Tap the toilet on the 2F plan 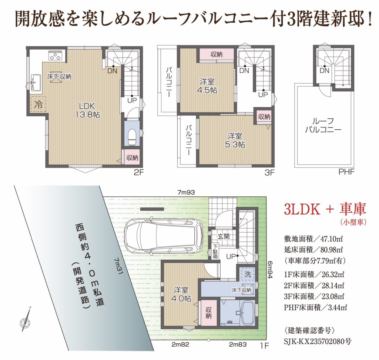pyautogui.click(x=132, y=137)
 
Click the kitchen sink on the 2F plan pyautogui.click(x=36, y=82)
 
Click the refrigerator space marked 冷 pyautogui.click(x=38, y=104)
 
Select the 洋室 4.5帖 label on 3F pyautogui.click(x=207, y=86)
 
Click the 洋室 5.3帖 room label pyautogui.click(x=234, y=140)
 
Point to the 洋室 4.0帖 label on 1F pyautogui.click(x=181, y=294)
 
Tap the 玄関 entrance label pyautogui.click(x=223, y=236)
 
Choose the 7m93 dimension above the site pyautogui.click(x=186, y=192)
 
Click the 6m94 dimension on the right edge pyautogui.click(x=270, y=269)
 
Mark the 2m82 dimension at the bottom pyautogui.click(x=180, y=344)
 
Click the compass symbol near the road pyautogui.click(x=26, y=319)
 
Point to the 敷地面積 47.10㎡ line pyautogui.click(x=313, y=239)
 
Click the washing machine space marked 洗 pyautogui.click(x=247, y=274)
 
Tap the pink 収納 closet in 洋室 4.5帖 pyautogui.click(x=216, y=55)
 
